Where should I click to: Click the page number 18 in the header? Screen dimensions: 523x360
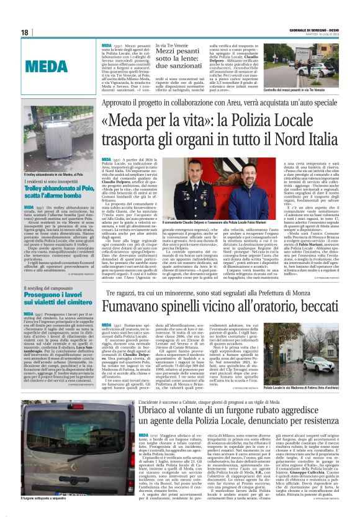click(24, 32)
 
